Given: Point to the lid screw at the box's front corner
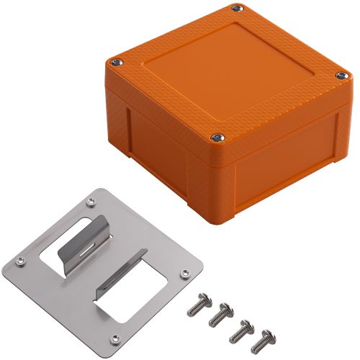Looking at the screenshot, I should tap(215, 137).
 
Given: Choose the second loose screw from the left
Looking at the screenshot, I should tap(220, 314).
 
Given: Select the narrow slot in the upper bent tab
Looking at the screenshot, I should tap(84, 249).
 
